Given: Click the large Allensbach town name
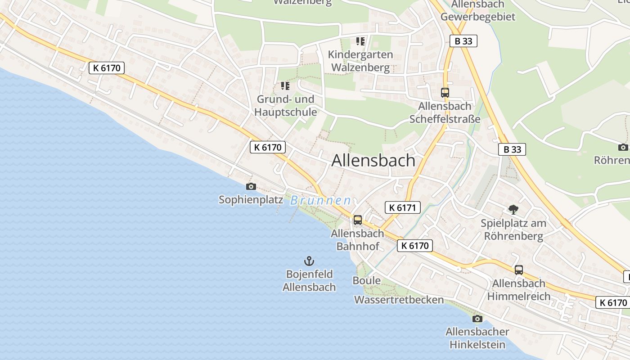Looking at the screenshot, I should tap(373, 161).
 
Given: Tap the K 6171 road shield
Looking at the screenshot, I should tap(403, 207).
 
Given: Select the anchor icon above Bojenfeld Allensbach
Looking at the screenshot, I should tap(309, 261).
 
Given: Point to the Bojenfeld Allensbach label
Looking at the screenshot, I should tap(309, 280).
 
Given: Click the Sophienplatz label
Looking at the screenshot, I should tap(251, 199).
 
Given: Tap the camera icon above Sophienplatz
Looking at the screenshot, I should tap(251, 186).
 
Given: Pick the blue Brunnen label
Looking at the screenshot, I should tap(320, 200).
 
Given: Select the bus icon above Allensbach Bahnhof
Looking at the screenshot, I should tap(358, 220).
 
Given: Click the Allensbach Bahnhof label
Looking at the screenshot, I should tap(358, 239).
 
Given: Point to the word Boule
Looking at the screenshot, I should tap(366, 281).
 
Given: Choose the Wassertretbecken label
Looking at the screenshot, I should tap(399, 300).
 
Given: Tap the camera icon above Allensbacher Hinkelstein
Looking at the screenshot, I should tap(477, 319).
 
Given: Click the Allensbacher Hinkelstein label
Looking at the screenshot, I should tap(477, 338).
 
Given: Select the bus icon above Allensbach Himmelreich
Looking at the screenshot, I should tap(519, 270).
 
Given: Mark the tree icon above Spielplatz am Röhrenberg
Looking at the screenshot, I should tap(513, 209).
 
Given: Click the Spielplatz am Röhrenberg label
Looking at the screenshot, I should tap(513, 229).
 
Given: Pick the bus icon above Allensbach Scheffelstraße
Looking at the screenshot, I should tap(445, 93).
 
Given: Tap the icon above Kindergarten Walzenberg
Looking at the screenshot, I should tap(360, 41).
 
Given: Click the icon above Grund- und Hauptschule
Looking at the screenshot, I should tap(285, 85).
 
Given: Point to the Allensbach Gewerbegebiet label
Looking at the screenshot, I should tap(477, 11).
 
